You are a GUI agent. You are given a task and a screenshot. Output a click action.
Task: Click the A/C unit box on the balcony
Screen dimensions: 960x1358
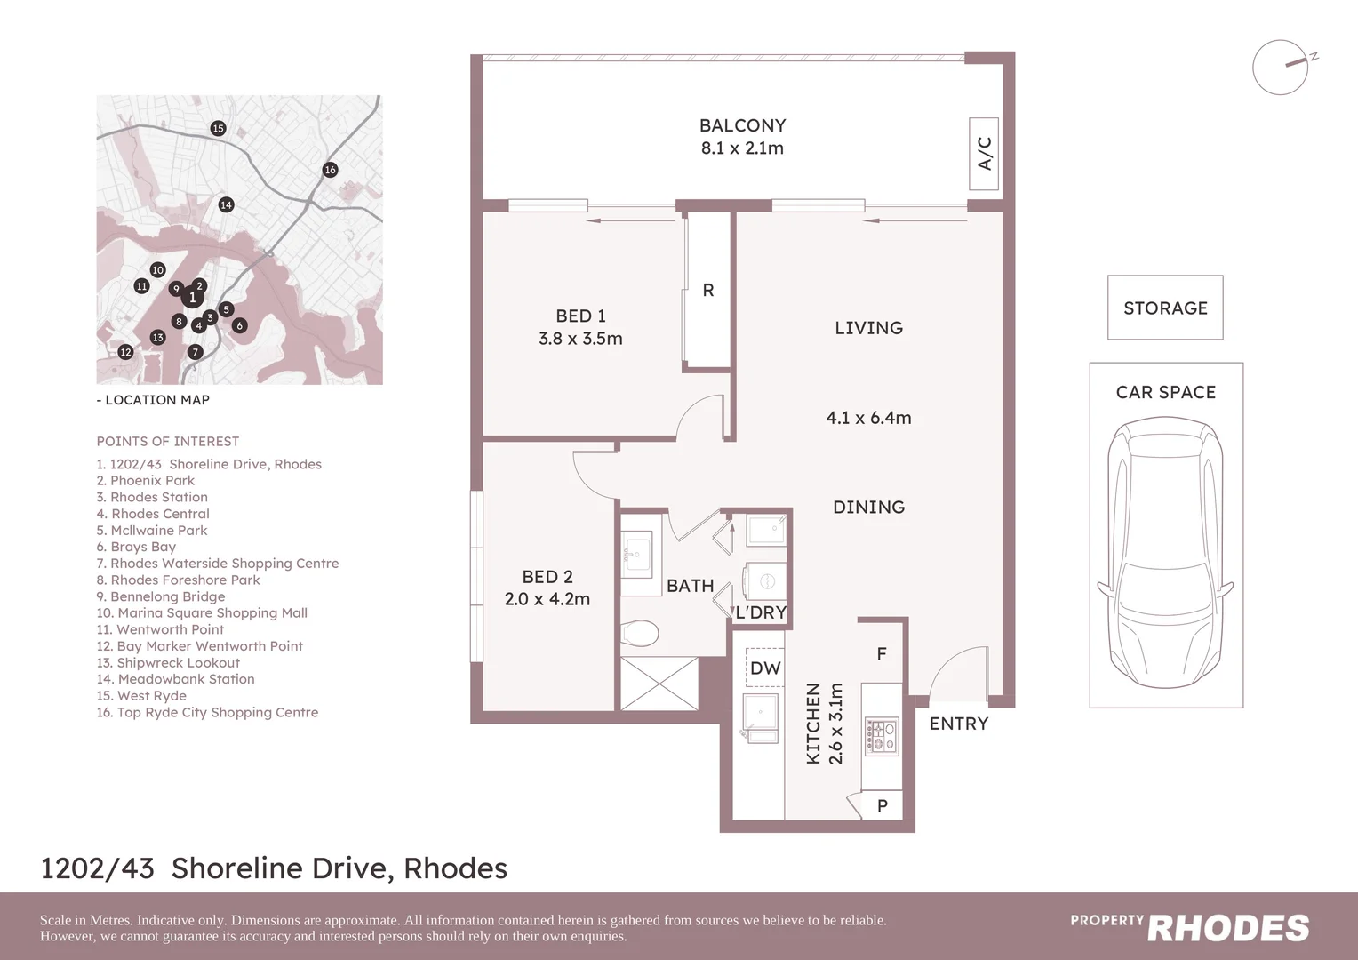(x=984, y=154)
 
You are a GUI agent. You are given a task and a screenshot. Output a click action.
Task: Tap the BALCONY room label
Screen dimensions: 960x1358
(x=742, y=126)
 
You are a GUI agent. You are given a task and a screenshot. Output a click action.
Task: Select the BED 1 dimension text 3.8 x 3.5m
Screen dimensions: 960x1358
(x=580, y=339)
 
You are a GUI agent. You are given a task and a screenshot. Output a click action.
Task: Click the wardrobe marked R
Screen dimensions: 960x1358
(x=708, y=290)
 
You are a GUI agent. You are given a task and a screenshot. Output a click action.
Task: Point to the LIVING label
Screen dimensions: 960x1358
(x=868, y=328)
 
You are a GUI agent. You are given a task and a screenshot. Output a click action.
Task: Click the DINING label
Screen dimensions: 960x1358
(x=868, y=508)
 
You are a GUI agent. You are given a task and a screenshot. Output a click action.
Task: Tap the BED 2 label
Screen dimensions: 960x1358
(x=547, y=577)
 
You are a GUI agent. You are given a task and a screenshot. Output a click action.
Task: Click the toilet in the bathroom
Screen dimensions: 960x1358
(x=640, y=633)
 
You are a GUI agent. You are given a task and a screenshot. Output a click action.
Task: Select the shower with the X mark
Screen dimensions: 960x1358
(x=659, y=683)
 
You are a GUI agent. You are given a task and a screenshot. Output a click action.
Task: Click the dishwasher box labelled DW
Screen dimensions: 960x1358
(x=765, y=668)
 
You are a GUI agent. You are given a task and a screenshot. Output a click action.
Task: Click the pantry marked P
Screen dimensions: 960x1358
(x=882, y=805)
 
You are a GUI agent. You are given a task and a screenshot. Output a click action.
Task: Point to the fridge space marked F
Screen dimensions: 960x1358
(x=882, y=654)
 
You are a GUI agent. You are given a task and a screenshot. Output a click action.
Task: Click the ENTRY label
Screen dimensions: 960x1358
(x=958, y=724)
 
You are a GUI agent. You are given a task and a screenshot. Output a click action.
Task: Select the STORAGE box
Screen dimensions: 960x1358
(x=1165, y=308)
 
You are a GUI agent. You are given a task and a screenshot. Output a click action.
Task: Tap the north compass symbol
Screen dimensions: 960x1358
(x=1282, y=68)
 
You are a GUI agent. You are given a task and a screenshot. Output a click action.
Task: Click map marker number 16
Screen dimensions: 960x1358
(x=330, y=170)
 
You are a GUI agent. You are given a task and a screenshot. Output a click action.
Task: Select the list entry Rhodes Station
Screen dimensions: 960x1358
(x=152, y=497)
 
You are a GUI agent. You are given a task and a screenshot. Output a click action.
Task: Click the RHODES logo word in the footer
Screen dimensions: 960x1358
(x=1228, y=928)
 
